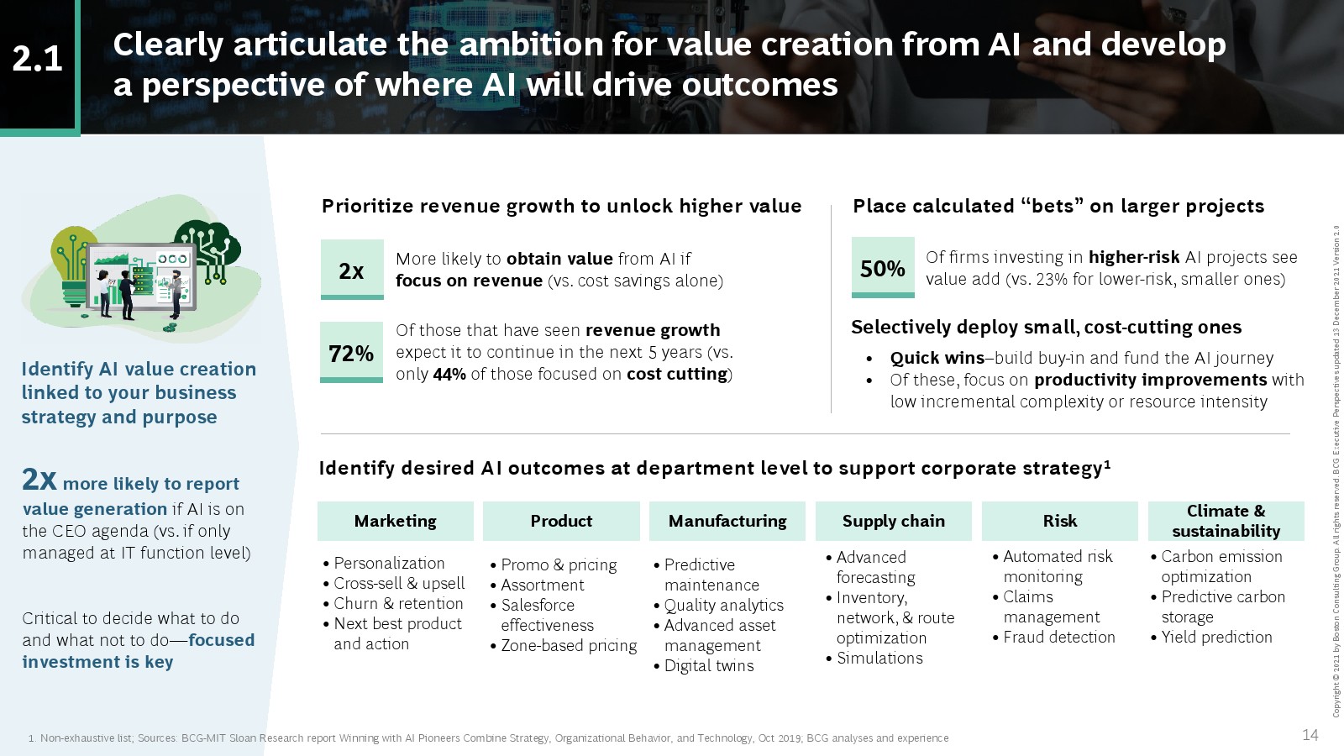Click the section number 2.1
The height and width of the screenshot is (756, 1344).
37,60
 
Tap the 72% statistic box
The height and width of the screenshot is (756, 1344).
351,352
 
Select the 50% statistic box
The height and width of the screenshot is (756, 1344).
883,268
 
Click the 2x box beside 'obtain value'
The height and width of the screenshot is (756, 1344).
352,270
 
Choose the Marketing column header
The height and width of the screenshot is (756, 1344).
396,521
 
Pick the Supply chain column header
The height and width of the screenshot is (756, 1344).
894,521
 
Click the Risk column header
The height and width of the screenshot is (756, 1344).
1059,521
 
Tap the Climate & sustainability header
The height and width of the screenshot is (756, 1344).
1226,521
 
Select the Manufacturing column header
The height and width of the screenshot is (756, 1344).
727,521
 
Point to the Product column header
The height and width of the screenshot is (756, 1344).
561,521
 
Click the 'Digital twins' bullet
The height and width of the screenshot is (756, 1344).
704,666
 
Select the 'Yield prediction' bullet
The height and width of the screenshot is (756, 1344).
1211,638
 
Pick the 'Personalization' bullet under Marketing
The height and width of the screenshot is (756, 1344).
383,564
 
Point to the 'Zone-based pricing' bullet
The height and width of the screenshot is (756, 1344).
564,646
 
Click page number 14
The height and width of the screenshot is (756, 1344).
1310,735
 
